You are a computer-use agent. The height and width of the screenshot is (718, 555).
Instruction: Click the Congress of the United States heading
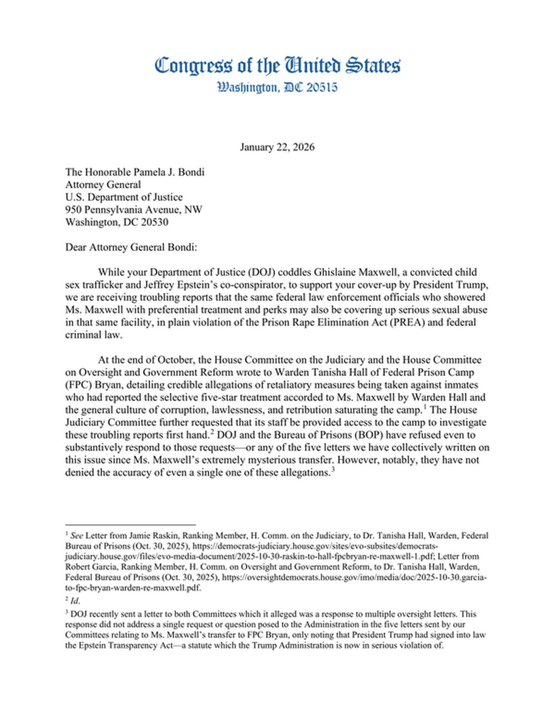tap(277, 66)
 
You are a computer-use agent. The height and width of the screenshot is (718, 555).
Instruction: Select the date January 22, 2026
tap(277, 147)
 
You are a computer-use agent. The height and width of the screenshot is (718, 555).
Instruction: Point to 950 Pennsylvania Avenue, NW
tap(134, 210)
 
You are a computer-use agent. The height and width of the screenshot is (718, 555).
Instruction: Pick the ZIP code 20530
tap(154, 222)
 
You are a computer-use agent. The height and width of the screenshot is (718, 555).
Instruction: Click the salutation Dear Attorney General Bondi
tap(131, 247)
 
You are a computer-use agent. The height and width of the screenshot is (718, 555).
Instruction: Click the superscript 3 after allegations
tap(333, 470)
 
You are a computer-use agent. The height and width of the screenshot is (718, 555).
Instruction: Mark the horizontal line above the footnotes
tap(130, 525)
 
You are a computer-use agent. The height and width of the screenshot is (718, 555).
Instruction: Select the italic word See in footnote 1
tap(77, 536)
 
